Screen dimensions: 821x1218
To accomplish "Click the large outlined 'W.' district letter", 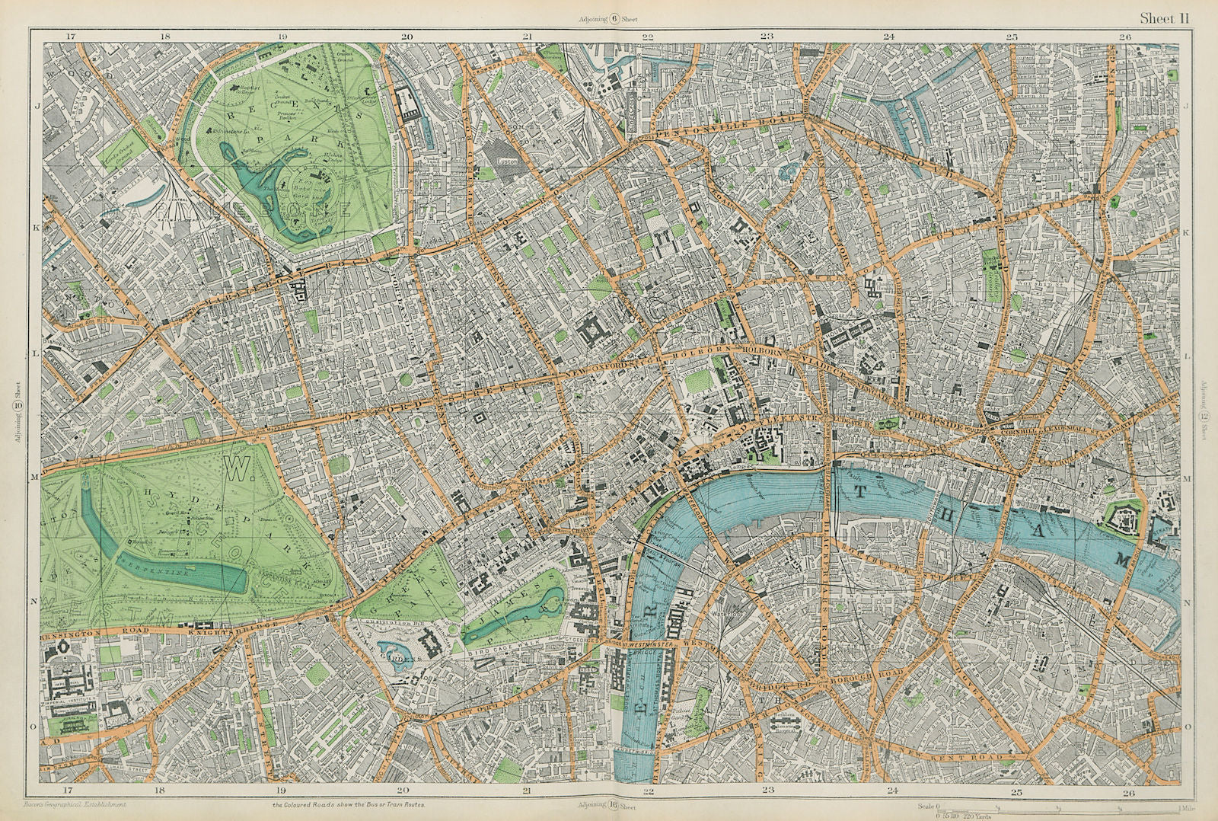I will pos(239,471).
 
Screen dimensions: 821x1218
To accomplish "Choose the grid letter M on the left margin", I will pos(33,477).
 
